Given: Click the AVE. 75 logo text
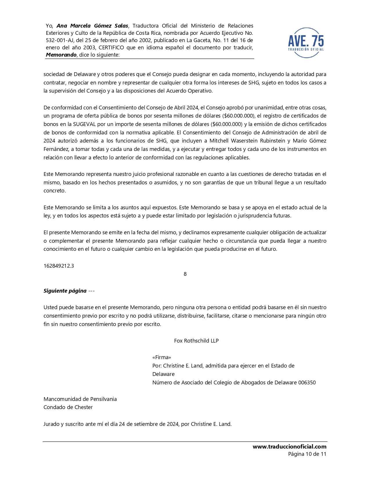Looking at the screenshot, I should [306, 41].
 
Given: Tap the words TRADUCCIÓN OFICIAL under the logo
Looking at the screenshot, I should [306, 49].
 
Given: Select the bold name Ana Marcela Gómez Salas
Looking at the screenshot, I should [92, 26].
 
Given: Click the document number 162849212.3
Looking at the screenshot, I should [59, 266].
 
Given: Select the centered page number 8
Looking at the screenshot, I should [185, 274].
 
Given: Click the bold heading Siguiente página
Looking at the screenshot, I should [65, 291].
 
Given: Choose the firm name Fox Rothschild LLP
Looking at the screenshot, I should [196, 341].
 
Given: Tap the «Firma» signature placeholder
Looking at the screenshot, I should [162, 357].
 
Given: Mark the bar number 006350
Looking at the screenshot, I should [307, 383].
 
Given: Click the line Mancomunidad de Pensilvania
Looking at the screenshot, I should [80, 399].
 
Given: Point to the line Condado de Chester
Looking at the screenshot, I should [68, 407].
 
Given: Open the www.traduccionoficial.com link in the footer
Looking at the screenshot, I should [289, 447].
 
